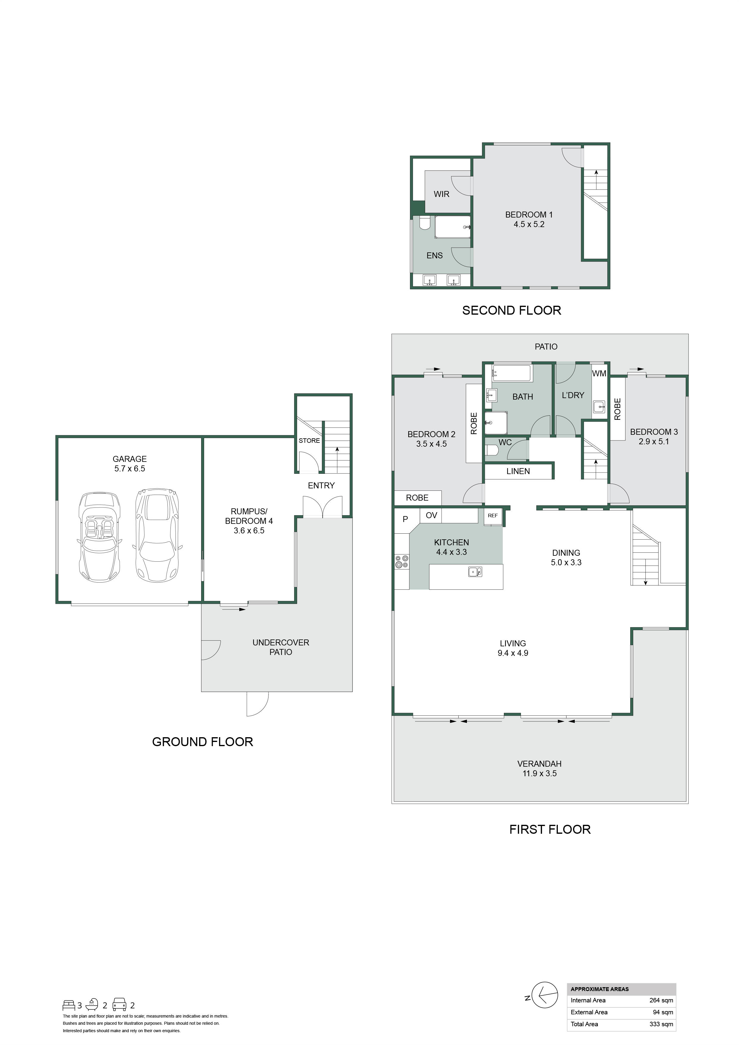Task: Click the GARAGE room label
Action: pos(130,459)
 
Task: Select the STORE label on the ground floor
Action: pos(309,441)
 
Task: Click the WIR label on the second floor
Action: pos(441,194)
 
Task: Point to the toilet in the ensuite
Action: pos(425,223)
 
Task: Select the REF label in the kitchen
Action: pos(493,516)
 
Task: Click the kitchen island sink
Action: pos(475,571)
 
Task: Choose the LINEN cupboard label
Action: pos(518,471)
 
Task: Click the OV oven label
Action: pos(431,515)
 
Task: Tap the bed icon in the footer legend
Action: pos(69,1005)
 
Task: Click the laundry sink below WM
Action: pos(599,406)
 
